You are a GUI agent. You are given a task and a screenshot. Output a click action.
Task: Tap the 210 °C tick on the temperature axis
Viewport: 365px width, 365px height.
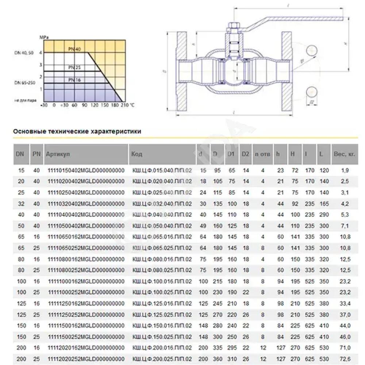pos(125,105)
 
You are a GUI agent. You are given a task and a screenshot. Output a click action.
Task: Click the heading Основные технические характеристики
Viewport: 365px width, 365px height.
pos(77,131)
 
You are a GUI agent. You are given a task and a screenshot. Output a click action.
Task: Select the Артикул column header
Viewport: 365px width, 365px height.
pos(58,154)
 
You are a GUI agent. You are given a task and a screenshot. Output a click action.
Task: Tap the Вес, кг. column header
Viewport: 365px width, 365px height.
pos(344,154)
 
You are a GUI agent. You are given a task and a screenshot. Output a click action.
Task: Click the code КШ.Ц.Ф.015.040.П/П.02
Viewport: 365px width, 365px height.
pos(162,170)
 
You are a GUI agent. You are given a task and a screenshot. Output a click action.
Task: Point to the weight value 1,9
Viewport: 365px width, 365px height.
pos(344,170)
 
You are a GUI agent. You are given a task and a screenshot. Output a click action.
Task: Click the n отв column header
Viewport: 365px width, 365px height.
pos(262,154)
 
